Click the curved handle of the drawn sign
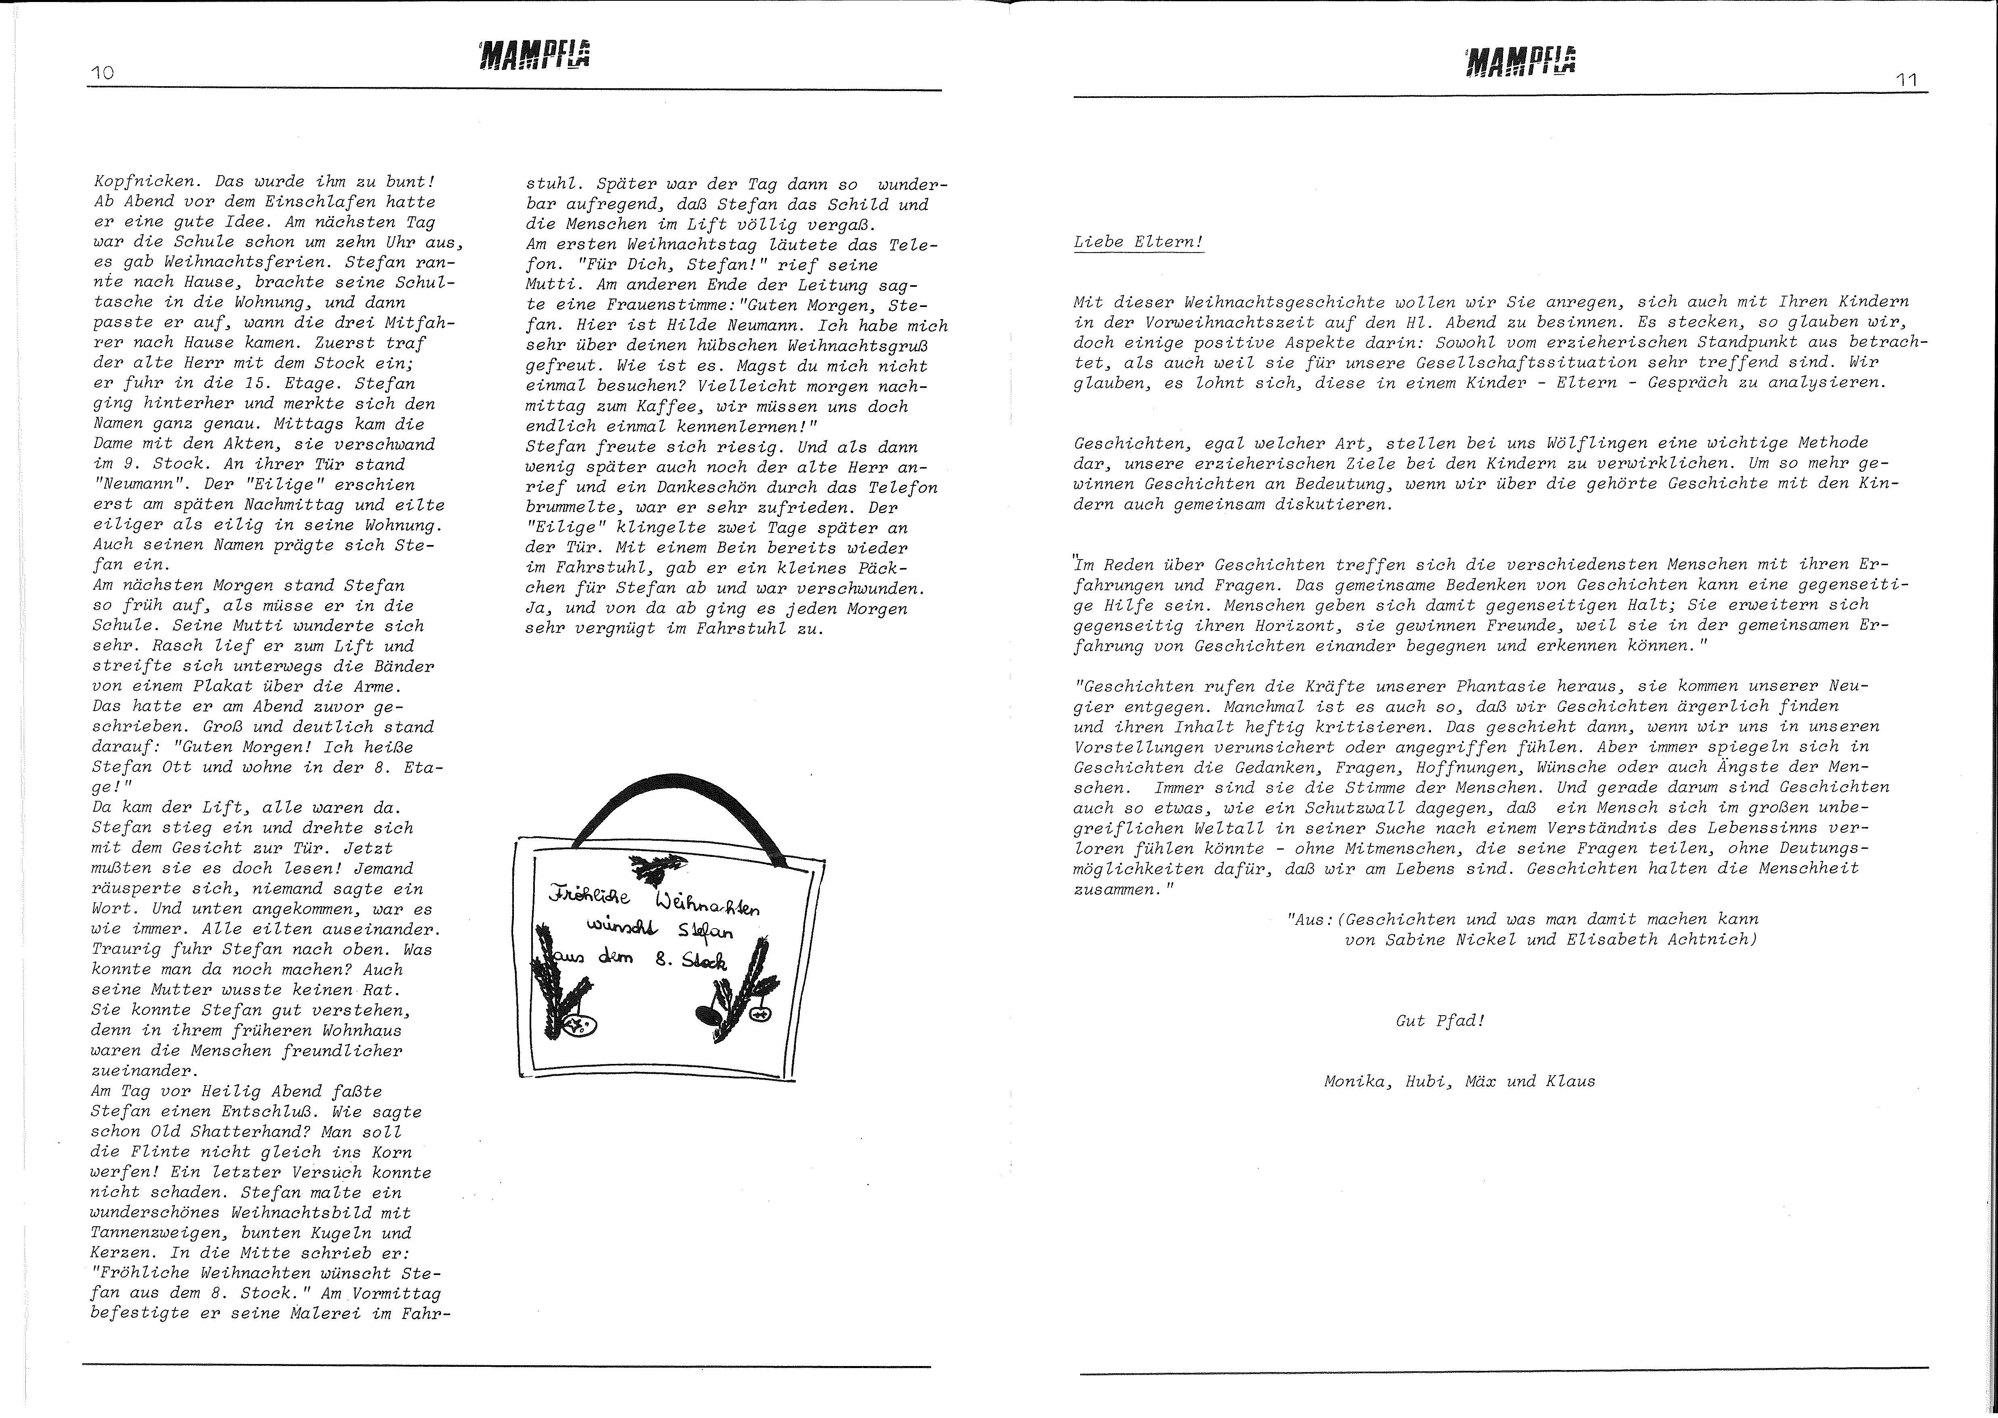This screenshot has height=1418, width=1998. point(681,803)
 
